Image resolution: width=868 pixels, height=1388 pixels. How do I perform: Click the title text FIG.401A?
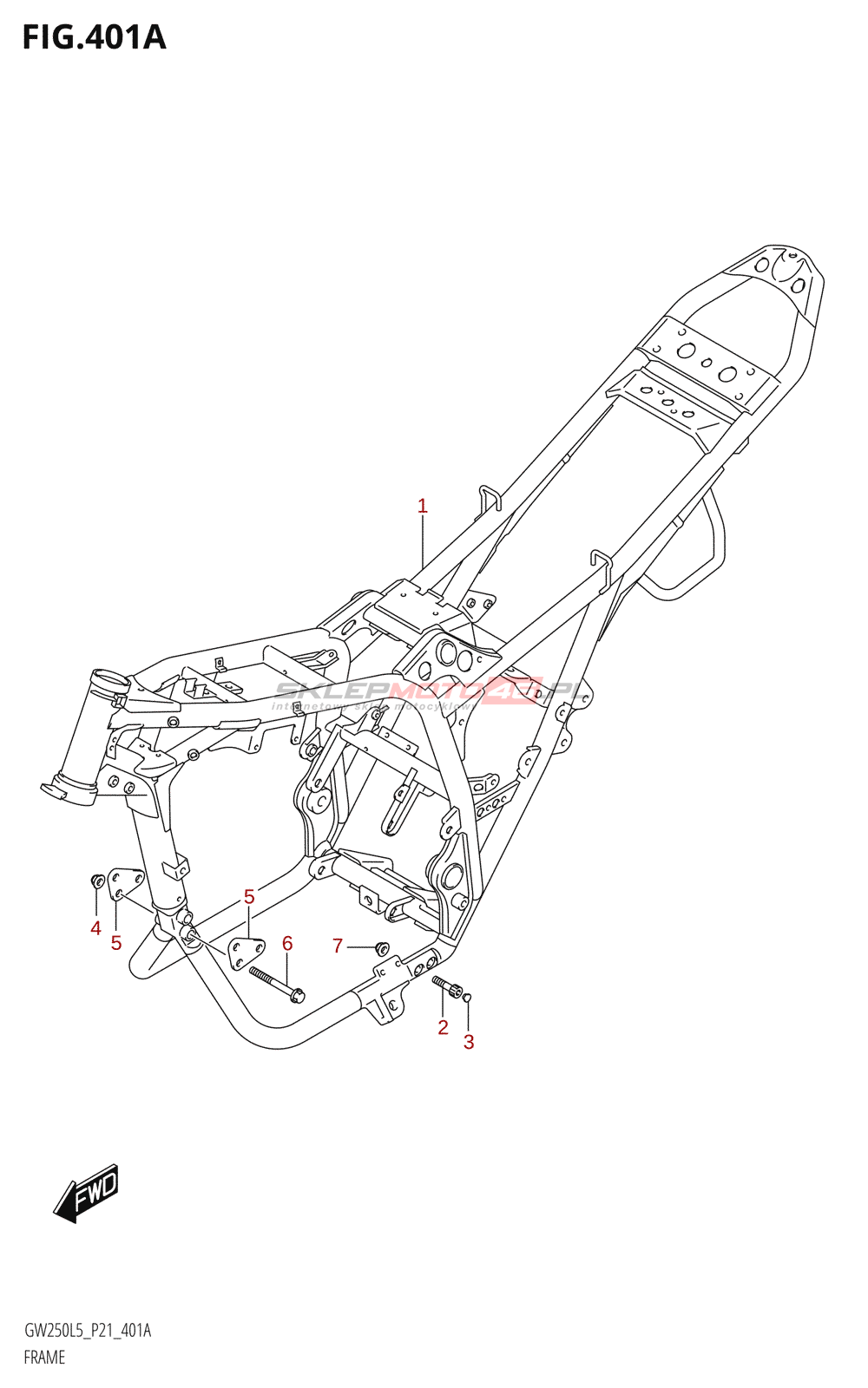tap(94, 37)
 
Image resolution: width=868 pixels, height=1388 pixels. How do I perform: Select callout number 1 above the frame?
tap(423, 506)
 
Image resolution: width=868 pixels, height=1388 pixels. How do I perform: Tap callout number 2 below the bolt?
tap(443, 1028)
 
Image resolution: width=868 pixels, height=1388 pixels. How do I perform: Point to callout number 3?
tap(469, 1042)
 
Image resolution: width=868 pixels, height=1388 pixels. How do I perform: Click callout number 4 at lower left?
tap(95, 928)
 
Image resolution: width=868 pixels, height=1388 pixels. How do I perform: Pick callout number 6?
tap(287, 943)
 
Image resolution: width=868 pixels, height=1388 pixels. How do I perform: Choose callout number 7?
tap(338, 946)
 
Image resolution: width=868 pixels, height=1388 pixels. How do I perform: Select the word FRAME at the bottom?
tap(44, 1358)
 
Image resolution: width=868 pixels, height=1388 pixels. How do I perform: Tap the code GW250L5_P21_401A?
tap(87, 1331)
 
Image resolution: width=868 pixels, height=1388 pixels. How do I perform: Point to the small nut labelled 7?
tap(381, 948)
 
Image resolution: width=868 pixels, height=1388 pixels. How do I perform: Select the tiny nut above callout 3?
tap(468, 997)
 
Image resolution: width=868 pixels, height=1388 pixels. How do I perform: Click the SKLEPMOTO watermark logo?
tap(430, 692)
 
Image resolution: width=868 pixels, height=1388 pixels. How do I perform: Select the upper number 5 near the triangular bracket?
tap(249, 897)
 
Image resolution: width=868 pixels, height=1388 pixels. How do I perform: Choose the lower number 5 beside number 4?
tap(116, 943)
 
